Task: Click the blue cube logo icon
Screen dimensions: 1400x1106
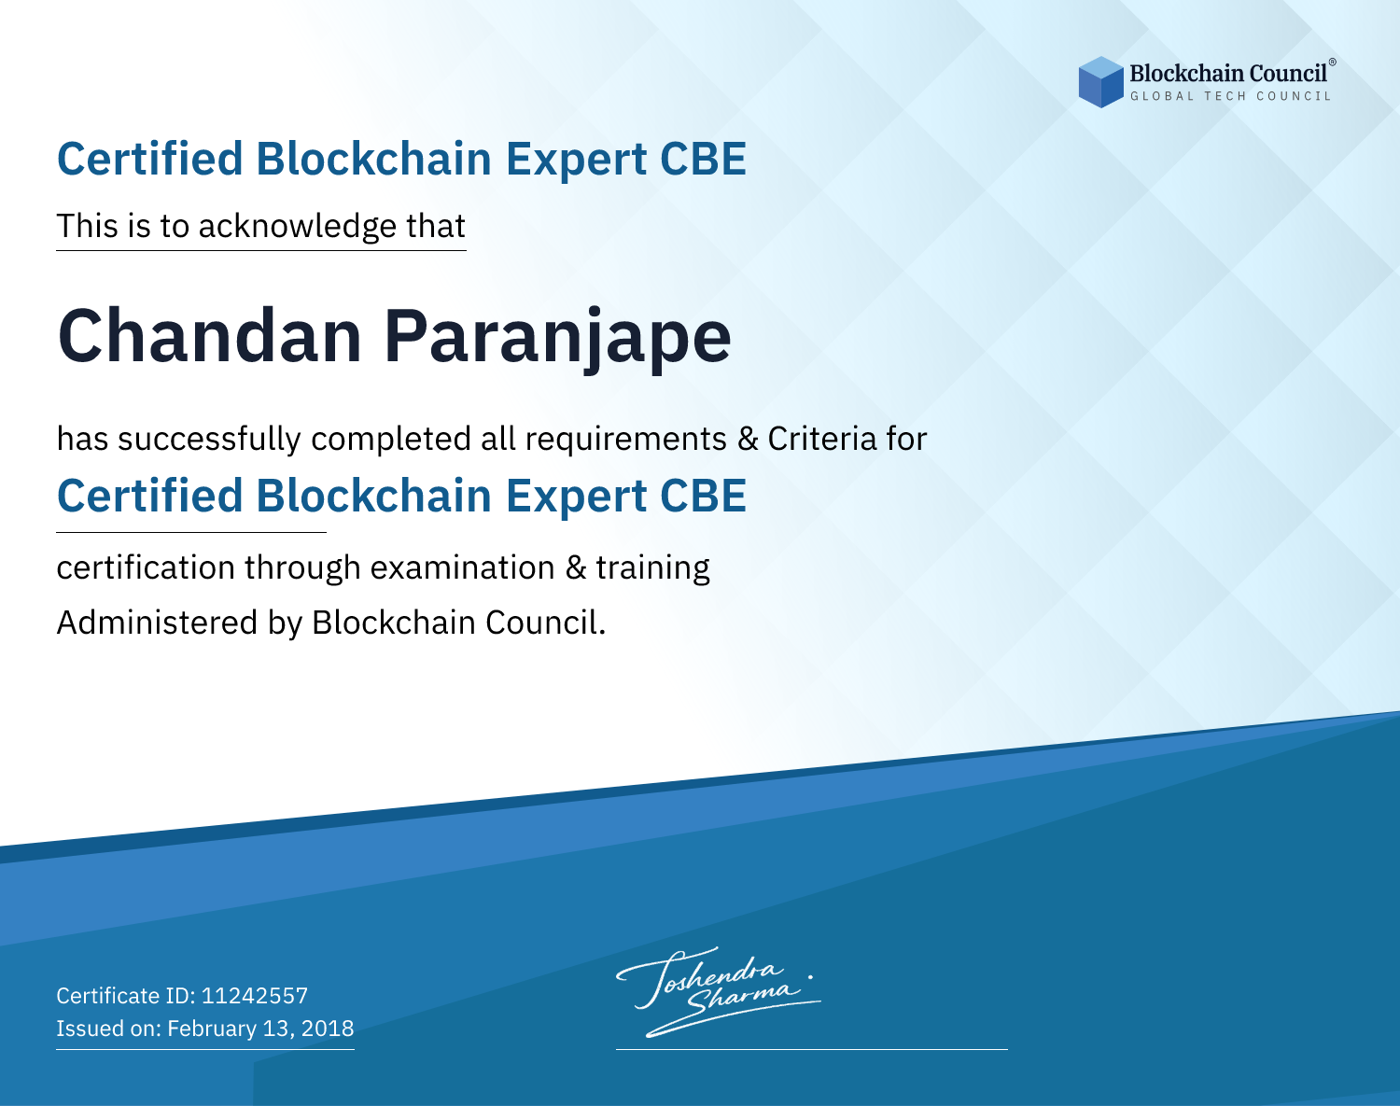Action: click(1100, 82)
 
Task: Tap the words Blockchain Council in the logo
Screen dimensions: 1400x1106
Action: click(1228, 74)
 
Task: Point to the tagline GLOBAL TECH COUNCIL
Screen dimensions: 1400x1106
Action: click(1230, 96)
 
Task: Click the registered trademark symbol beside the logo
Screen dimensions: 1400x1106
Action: click(1332, 63)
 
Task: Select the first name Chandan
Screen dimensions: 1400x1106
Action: click(209, 336)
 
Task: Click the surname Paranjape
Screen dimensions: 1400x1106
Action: click(557, 341)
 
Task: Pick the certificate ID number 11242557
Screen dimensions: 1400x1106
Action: click(255, 995)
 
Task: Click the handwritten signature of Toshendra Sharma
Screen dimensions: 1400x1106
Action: click(718, 991)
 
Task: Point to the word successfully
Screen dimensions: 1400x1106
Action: click(209, 440)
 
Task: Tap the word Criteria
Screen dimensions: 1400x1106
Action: click(822, 439)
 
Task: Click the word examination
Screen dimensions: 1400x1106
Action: click(463, 567)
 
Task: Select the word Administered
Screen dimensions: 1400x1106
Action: click(158, 623)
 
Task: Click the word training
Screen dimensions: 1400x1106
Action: click(652, 568)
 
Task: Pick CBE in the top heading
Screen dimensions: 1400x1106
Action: click(703, 159)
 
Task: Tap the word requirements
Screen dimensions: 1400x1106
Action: click(626, 441)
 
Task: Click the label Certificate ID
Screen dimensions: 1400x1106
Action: click(125, 995)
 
